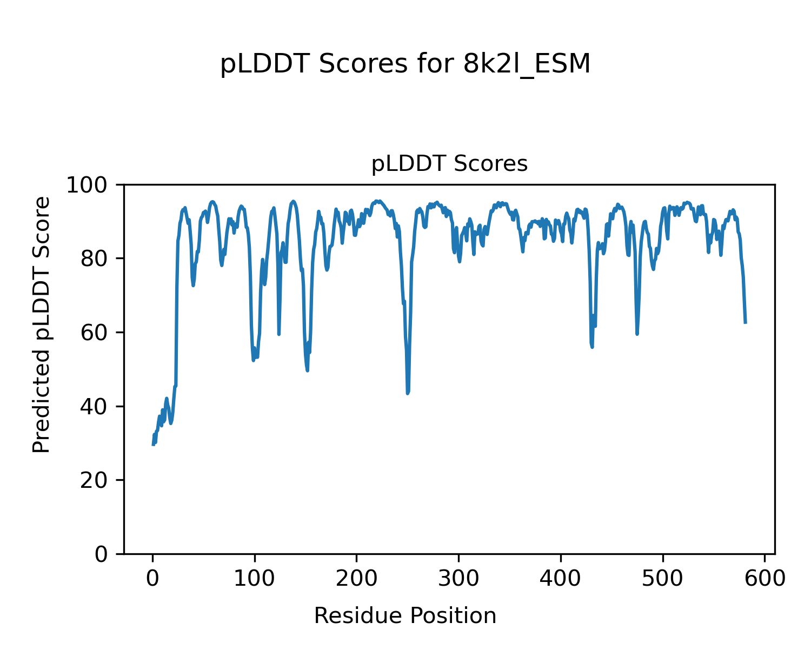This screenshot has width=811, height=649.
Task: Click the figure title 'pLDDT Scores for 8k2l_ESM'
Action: tap(405, 65)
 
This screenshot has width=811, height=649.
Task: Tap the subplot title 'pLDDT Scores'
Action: tap(449, 164)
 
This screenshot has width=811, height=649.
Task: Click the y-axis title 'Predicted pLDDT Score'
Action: tap(42, 325)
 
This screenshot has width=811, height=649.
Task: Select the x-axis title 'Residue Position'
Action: tap(405, 615)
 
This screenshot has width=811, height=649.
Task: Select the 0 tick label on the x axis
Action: tap(153, 579)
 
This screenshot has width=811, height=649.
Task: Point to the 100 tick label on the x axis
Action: tap(255, 579)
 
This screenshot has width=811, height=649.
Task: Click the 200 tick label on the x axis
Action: tap(357, 579)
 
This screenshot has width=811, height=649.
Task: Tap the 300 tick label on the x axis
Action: tap(458, 579)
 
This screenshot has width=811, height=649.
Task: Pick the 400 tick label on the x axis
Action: tap(561, 579)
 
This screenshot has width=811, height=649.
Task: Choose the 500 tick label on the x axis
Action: tap(662, 579)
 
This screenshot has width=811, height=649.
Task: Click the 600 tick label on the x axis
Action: tap(765, 579)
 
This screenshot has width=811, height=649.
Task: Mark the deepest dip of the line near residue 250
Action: tap(408, 393)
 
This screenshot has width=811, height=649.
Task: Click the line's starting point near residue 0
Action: tap(153, 445)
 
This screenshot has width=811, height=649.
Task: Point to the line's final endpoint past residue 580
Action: tap(746, 323)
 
